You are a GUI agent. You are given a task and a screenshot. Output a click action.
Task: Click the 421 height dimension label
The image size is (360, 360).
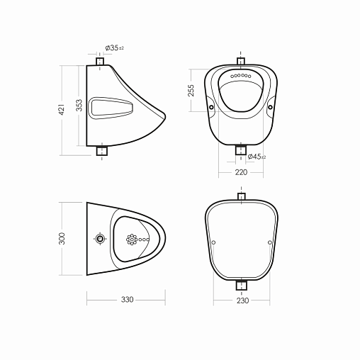62,109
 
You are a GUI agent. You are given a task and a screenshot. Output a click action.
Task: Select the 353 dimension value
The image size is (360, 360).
79,105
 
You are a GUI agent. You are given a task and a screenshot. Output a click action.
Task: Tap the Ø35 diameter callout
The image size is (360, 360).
114,48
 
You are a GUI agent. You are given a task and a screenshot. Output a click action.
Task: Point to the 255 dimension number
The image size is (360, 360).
191,90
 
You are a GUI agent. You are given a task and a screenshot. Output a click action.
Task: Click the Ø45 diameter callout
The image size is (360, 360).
257,157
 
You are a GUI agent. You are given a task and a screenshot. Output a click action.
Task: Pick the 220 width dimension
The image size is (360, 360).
241,172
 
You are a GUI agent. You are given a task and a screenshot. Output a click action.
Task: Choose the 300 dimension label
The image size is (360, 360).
62,238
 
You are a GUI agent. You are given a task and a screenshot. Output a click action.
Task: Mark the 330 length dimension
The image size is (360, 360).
128,300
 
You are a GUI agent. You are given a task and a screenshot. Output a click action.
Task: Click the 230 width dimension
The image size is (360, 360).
242,300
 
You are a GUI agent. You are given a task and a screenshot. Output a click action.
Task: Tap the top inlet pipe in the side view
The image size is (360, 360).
100,61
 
